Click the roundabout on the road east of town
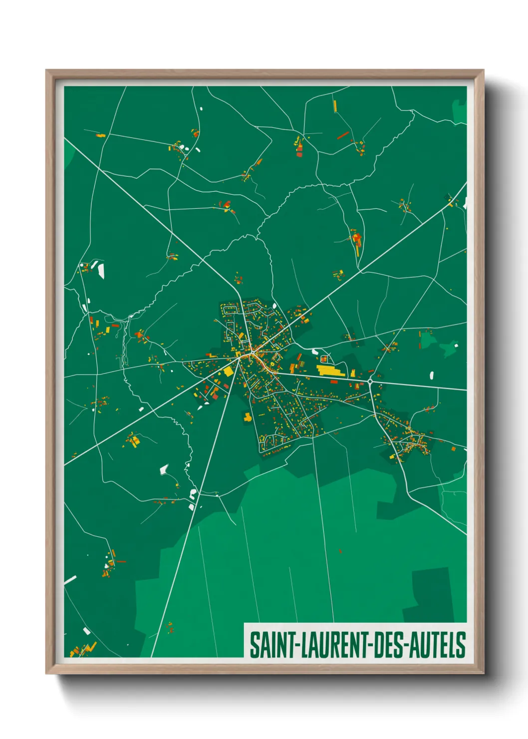pyautogui.click(x=370, y=381)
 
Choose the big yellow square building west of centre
pyautogui.click(x=228, y=371)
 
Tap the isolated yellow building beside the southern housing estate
pyautogui.click(x=247, y=416)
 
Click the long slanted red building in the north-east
pyautogui.click(x=342, y=135)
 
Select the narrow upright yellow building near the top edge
pyautogui.click(x=335, y=106)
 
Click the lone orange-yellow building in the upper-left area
pyautogui.click(x=100, y=135)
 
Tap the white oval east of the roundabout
pyautogui.click(x=432, y=374)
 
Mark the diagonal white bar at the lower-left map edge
pyautogui.click(x=70, y=580)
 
